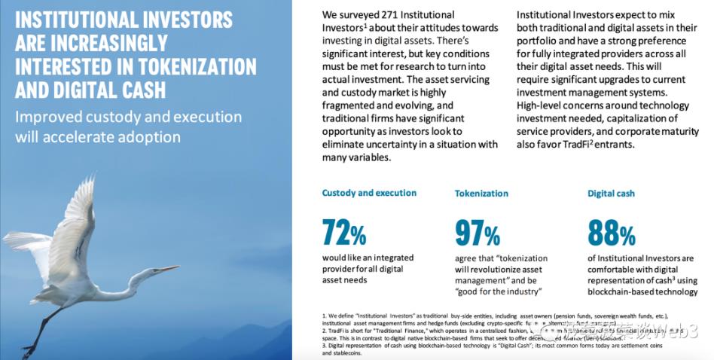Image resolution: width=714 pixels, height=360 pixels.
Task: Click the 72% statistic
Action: pos(344,233)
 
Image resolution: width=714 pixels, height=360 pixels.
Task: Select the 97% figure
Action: pos(478,233)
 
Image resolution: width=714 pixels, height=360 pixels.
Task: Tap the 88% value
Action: pos(611,233)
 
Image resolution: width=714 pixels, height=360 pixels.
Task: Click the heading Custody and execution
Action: pos(369,193)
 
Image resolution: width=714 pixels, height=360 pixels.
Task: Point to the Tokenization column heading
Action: pos(481,194)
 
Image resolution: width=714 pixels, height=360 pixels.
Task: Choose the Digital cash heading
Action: pos(611,194)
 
